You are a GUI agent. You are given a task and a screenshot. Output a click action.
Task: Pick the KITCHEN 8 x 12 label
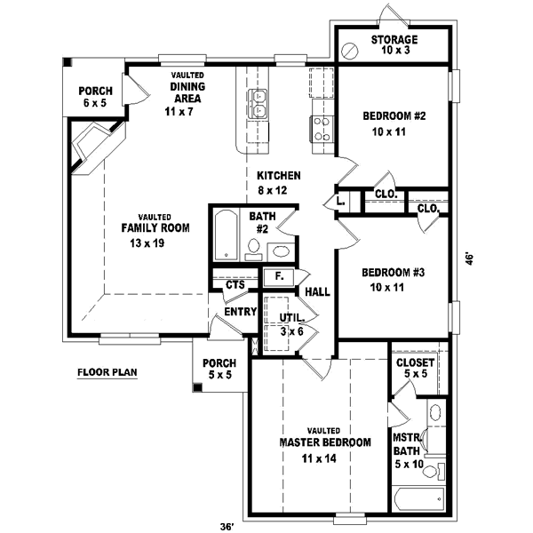[x=278, y=182]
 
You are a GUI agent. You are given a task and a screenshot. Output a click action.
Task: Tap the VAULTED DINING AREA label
[x=187, y=93]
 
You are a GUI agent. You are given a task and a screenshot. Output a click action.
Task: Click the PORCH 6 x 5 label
[x=94, y=97]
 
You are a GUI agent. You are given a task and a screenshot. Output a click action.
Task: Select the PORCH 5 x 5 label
[x=219, y=370]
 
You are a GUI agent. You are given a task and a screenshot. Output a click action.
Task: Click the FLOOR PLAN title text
[x=107, y=372]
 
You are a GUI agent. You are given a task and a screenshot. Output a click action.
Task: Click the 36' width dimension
[x=227, y=527]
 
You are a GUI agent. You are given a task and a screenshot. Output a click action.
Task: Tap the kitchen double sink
[x=259, y=104]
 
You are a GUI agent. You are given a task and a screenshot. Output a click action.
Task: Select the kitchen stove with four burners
[x=321, y=129]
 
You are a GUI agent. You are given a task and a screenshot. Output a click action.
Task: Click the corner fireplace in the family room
[x=92, y=145]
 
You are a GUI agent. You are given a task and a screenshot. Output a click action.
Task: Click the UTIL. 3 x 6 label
[x=293, y=323]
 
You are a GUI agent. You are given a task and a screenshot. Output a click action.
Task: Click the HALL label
[x=318, y=291]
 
